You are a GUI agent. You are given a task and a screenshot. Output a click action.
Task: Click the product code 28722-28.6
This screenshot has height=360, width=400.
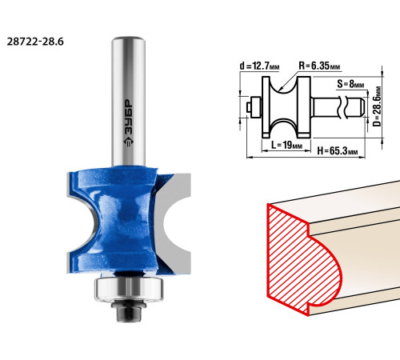pos(35,42)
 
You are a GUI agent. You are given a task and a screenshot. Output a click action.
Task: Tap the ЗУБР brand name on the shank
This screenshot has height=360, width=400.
pos(129,117)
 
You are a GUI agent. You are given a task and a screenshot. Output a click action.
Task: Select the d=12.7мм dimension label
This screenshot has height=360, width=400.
pos(259,66)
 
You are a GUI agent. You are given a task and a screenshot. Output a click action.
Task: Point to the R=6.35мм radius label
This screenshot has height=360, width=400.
pos(319,66)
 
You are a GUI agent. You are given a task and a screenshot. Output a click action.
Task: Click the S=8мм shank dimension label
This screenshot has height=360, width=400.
pos(350,84)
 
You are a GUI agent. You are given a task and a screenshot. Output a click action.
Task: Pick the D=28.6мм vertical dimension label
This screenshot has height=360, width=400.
pos(377,106)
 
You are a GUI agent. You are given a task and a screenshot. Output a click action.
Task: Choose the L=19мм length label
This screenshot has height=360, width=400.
pos(286,145)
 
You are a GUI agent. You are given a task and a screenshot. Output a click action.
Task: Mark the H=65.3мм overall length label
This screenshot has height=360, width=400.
pos(337,151)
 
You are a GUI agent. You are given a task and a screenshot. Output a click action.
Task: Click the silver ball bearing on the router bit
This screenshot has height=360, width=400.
pos(129,289)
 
